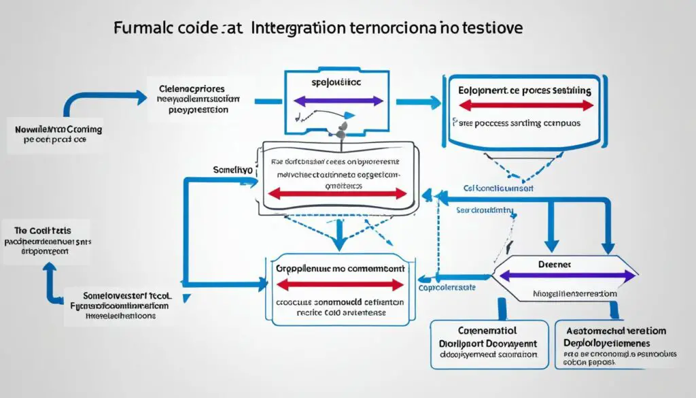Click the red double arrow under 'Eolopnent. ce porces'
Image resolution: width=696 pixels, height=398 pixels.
pos(526,105)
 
